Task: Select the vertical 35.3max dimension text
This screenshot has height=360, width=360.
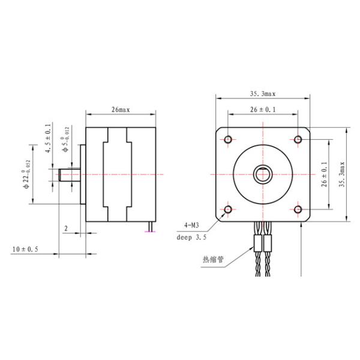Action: point(342,175)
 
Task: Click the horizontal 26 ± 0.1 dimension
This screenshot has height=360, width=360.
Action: point(263,110)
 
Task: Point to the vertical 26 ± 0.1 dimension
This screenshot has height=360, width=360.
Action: point(324,175)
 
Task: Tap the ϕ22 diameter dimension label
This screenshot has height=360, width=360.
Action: point(27,175)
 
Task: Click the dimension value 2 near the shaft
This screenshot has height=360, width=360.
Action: point(66,229)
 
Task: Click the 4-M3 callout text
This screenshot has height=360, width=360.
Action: point(191,226)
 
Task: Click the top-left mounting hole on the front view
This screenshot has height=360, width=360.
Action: point(228,140)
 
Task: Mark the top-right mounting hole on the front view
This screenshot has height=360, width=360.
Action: point(298,140)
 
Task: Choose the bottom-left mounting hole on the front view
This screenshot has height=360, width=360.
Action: point(228,209)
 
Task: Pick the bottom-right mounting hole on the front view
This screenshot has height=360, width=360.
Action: point(298,209)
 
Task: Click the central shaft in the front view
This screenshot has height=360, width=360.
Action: point(263,175)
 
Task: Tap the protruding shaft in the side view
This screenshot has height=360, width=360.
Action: point(70,175)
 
